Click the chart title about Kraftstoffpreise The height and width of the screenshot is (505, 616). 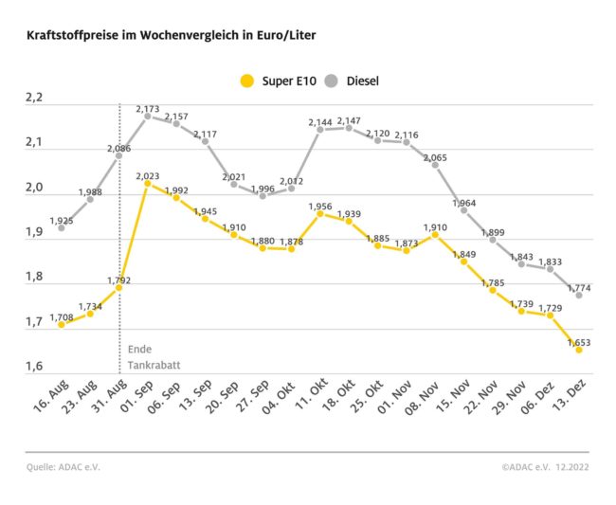pyautogui.click(x=172, y=35)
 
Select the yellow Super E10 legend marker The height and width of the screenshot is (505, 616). pyautogui.click(x=249, y=81)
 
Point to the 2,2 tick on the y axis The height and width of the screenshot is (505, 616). pyautogui.click(x=35, y=99)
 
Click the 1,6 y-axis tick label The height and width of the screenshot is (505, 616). pyautogui.click(x=35, y=367)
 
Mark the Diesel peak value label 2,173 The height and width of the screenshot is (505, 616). pyautogui.click(x=148, y=109)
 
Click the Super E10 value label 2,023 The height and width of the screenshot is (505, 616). pyautogui.click(x=148, y=176)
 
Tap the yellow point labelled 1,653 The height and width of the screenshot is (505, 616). pyautogui.click(x=578, y=350)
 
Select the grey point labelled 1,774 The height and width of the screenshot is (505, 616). pyautogui.click(x=578, y=295)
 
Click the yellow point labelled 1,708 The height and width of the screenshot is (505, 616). pyautogui.click(x=62, y=324)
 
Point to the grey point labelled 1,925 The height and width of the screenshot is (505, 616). pyautogui.click(x=62, y=227)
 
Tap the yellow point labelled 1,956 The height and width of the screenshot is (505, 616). pyautogui.click(x=319, y=213)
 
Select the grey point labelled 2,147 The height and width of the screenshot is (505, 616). pyautogui.click(x=349, y=128)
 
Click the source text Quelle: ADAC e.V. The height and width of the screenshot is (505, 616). pyautogui.click(x=63, y=467)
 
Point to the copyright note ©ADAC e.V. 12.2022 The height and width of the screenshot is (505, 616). pyautogui.click(x=547, y=467)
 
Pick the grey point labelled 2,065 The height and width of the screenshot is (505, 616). pyautogui.click(x=435, y=165)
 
